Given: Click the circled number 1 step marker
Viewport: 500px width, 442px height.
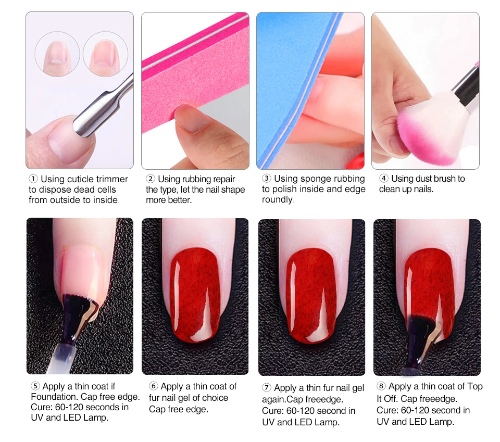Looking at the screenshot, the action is click(x=33, y=179).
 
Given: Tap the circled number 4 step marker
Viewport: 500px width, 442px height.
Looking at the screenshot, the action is click(x=384, y=178).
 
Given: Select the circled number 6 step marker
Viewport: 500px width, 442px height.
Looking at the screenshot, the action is click(x=153, y=386).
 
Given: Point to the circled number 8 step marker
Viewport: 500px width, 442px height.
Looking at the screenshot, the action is click(x=381, y=386).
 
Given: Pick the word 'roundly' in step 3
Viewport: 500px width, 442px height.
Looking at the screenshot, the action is click(x=278, y=199).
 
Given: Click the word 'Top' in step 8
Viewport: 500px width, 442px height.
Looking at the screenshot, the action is click(x=475, y=386).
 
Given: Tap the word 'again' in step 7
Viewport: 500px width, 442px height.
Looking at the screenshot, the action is click(x=273, y=400).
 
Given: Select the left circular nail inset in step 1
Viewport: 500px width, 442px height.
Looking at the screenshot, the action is click(x=57, y=54).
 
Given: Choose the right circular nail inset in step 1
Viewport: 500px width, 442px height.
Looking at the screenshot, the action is click(x=106, y=54).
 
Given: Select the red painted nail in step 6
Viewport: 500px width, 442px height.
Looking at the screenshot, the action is click(x=195, y=295).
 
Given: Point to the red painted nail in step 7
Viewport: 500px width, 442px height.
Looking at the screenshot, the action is click(x=311, y=295).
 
